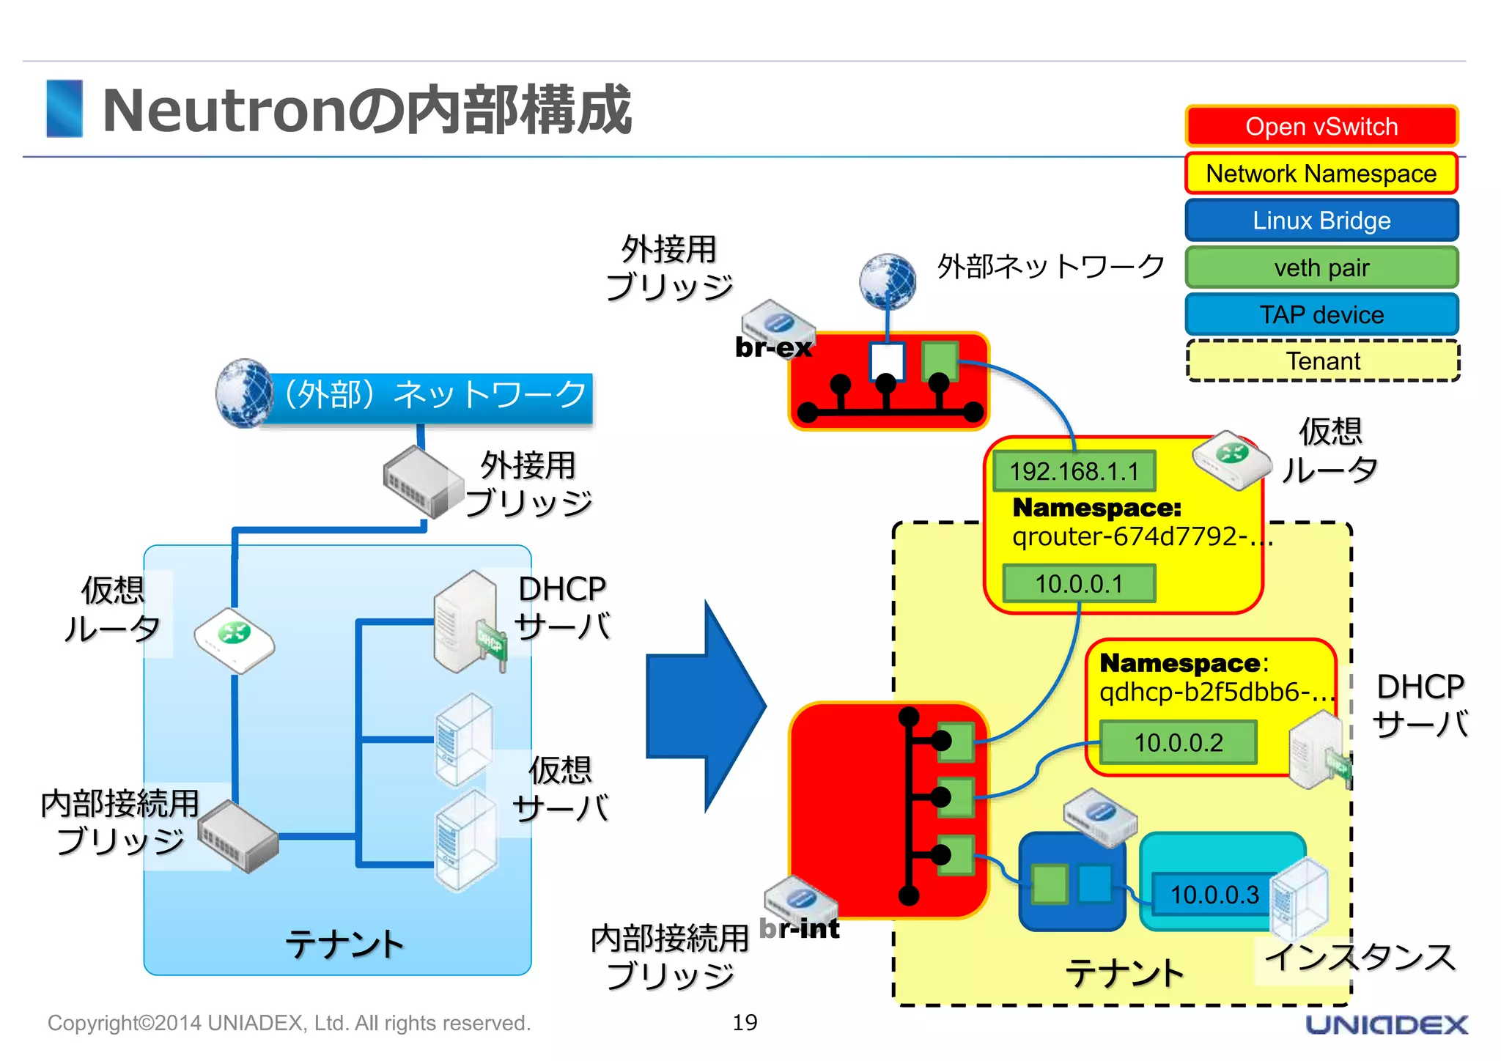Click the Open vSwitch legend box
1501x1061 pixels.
[x=1321, y=127]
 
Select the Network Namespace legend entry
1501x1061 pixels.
[x=1321, y=174]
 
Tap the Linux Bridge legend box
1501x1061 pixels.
[x=1321, y=221]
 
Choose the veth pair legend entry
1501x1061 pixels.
[x=1321, y=267]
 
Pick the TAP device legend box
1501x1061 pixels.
[x=1321, y=314]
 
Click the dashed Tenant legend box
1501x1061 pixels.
[x=1323, y=361]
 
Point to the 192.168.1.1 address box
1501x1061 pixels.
[x=1074, y=471]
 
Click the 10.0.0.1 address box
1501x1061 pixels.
[x=1079, y=584]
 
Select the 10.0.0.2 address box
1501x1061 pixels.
[x=1178, y=742]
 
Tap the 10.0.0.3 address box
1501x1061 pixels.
[x=1214, y=895]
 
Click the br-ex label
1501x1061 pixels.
[x=773, y=347]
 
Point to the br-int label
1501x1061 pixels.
[x=800, y=928]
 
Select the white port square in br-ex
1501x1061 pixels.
[x=887, y=361]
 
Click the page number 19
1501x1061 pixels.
[x=745, y=1022]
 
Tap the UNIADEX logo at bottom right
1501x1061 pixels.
[x=1387, y=1024]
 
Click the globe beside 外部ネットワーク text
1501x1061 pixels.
[x=888, y=281]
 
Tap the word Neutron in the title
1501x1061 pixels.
[x=224, y=111]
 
